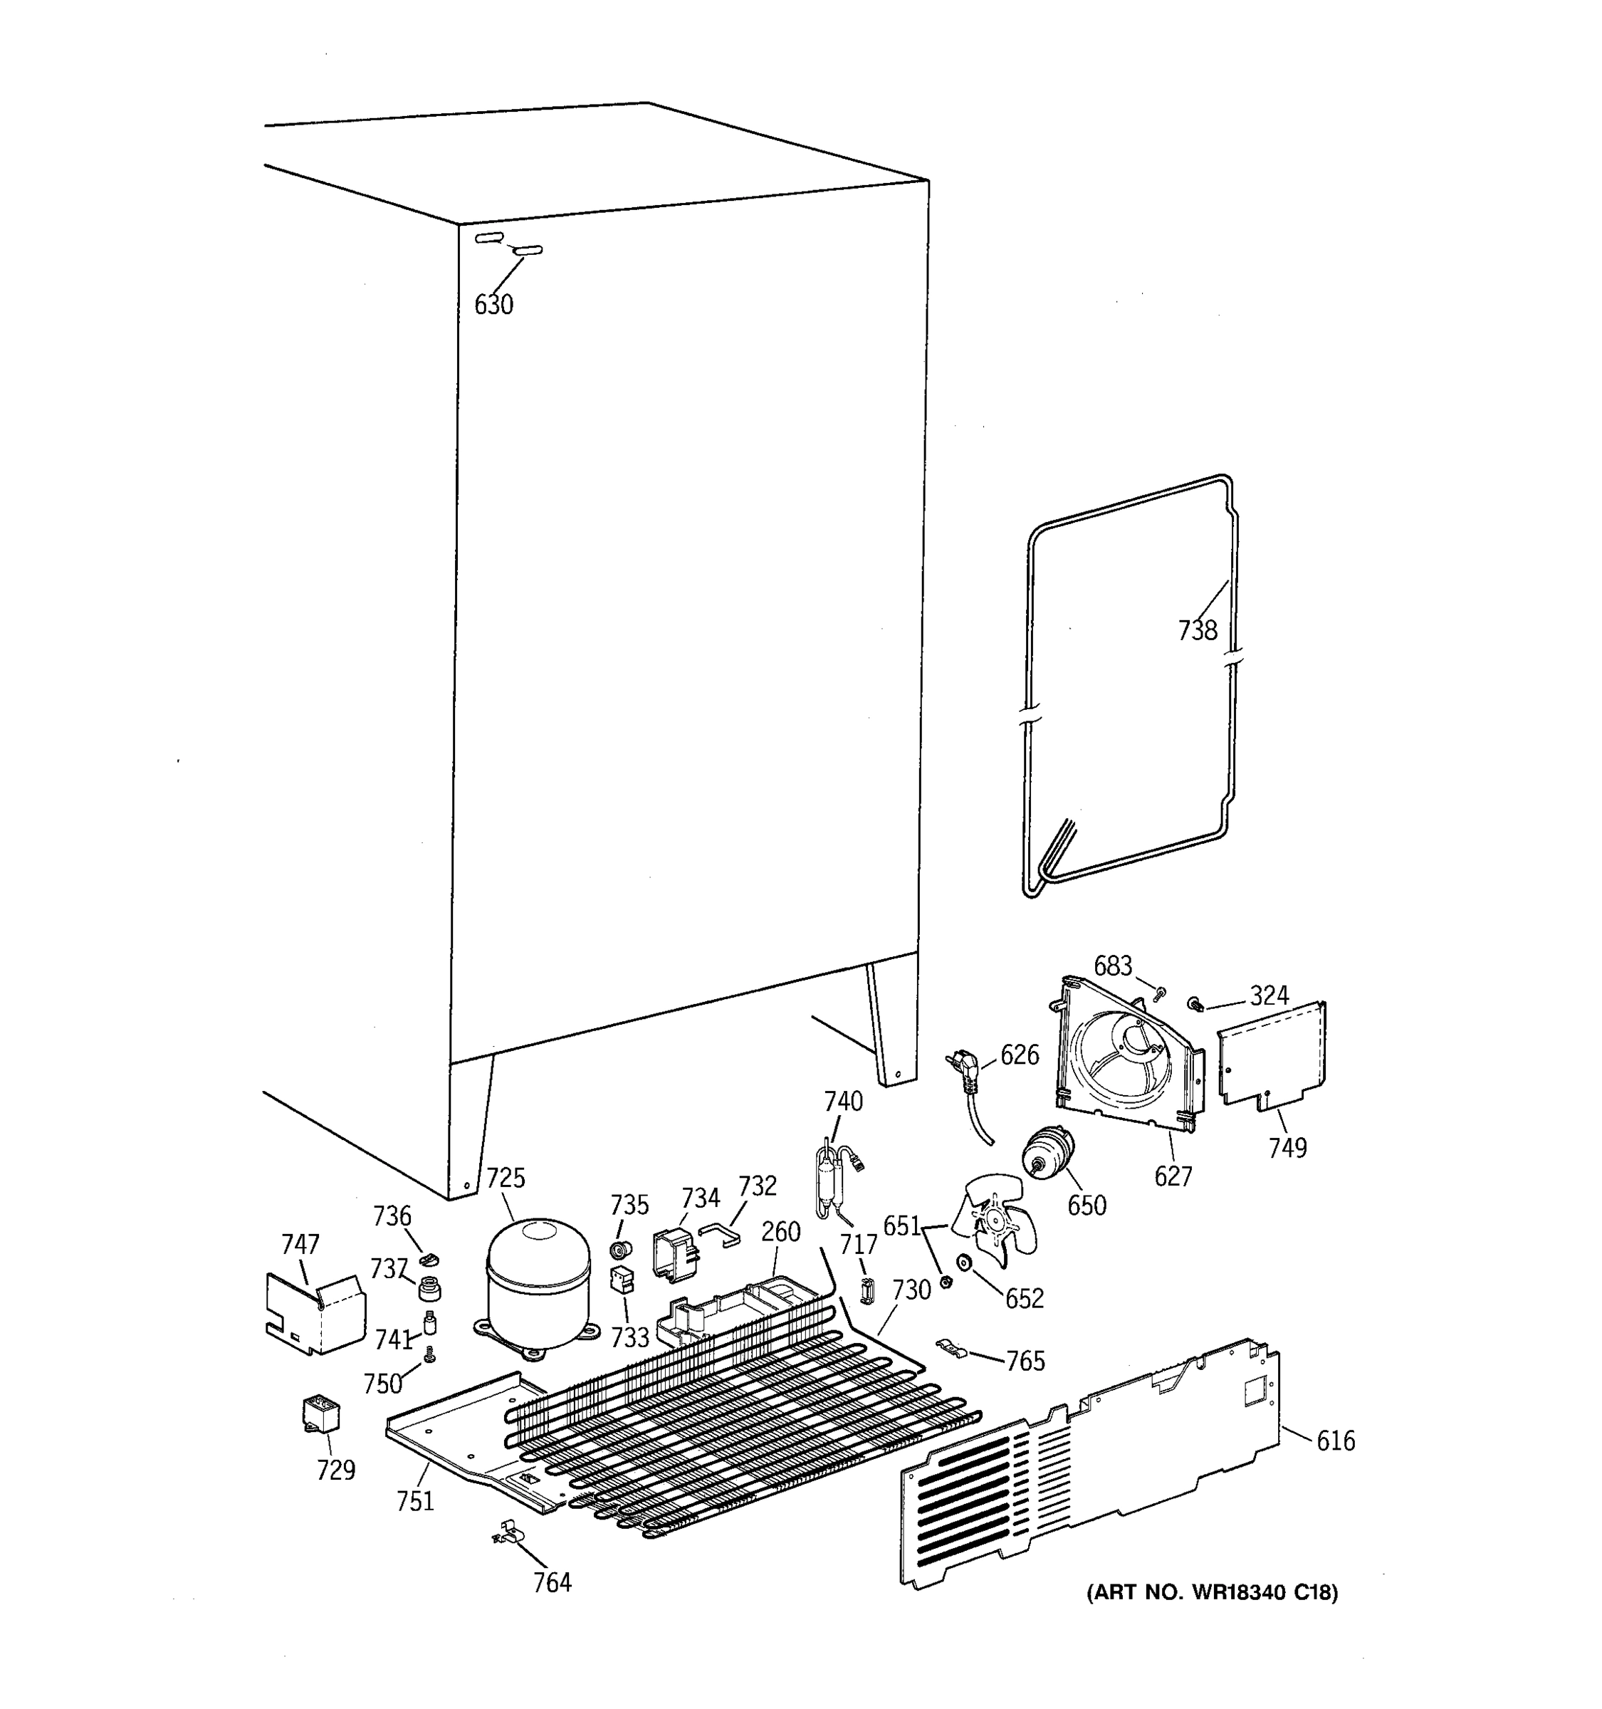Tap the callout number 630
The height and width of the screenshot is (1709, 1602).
[493, 304]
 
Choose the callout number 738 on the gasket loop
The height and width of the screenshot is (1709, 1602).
[1197, 631]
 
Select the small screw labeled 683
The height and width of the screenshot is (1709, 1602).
[1158, 995]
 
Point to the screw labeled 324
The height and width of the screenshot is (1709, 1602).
[1195, 1003]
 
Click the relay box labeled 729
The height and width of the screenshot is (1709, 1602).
[321, 1414]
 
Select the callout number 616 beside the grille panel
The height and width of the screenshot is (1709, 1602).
[1335, 1441]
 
